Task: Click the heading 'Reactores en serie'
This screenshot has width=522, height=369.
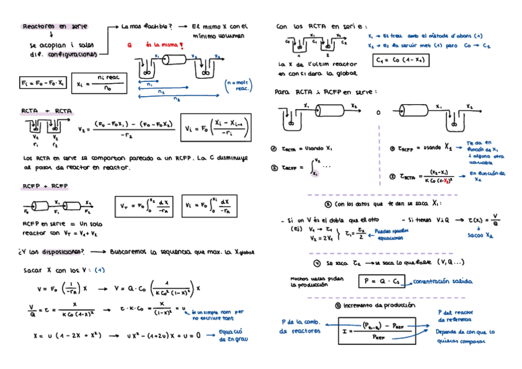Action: (x=55, y=26)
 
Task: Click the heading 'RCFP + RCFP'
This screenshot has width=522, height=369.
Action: (x=45, y=185)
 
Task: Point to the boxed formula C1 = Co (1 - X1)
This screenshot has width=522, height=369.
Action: (x=400, y=60)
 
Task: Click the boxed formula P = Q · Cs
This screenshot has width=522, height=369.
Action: (x=382, y=282)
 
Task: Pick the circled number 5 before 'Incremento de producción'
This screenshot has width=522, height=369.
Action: (x=337, y=306)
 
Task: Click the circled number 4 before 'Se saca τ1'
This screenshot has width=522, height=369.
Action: (x=316, y=263)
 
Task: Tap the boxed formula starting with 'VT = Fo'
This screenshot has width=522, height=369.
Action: (x=145, y=206)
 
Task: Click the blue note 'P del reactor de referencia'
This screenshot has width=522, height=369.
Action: (x=456, y=316)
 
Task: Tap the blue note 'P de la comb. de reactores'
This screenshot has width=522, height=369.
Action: (x=301, y=326)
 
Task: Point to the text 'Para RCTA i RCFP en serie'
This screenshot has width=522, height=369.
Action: (x=326, y=92)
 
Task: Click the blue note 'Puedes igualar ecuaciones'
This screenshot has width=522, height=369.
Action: (x=390, y=234)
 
